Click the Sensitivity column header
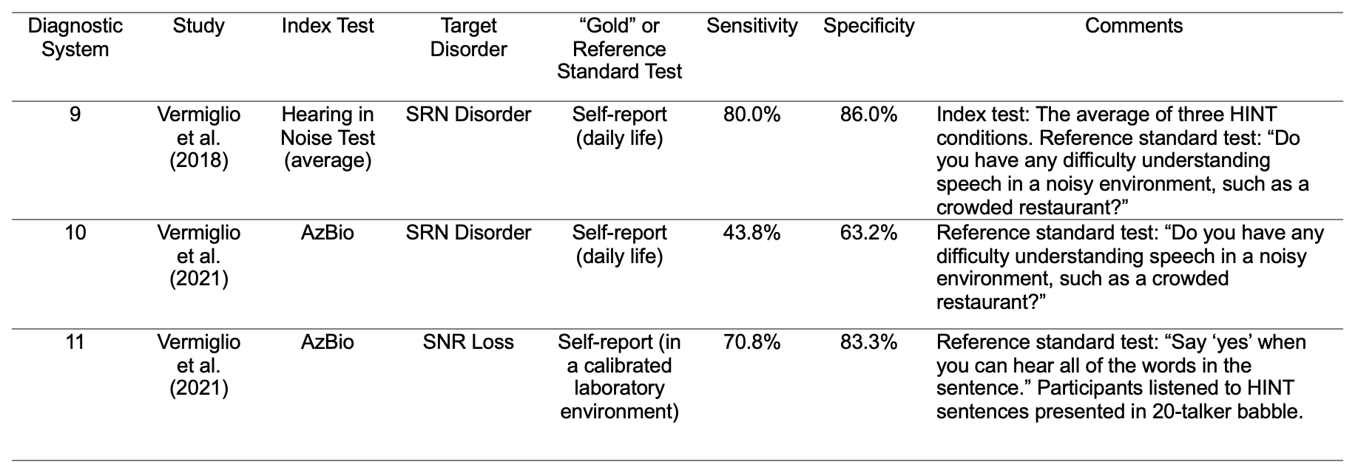[752, 27]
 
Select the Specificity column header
[869, 27]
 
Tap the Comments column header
[1134, 26]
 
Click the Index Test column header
[328, 26]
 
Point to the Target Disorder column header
[469, 38]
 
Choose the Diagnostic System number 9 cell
[75, 115]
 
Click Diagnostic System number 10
[75, 233]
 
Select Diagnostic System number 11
[75, 342]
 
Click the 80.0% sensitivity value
[752, 115]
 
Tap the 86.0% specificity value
[869, 115]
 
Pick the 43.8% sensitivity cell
[752, 233]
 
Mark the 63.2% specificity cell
[869, 233]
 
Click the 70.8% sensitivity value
[752, 342]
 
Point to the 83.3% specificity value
[869, 342]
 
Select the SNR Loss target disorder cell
[469, 342]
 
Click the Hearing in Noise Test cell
[328, 137]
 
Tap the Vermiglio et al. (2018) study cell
[199, 137]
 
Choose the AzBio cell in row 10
[328, 233]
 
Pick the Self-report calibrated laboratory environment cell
[620, 377]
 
